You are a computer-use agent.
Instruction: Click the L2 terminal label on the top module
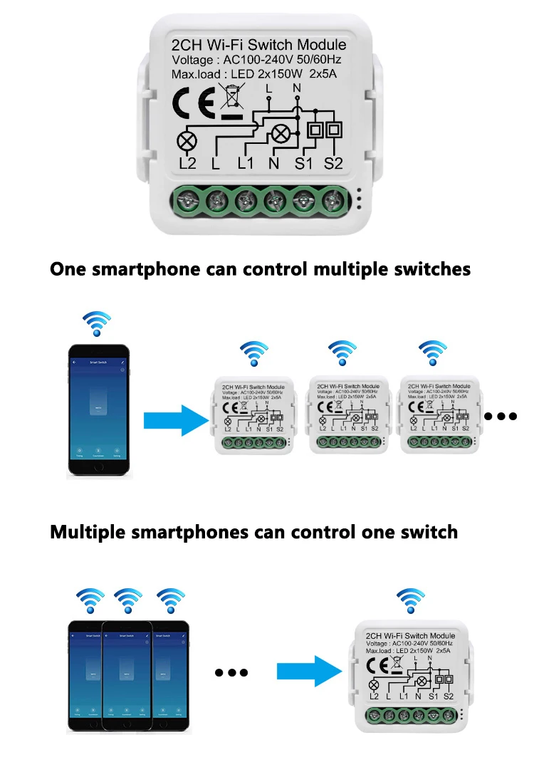(187, 164)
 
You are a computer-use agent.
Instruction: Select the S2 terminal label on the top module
(333, 164)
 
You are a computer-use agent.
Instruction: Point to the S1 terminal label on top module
(304, 164)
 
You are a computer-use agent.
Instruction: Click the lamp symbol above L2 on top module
(187, 141)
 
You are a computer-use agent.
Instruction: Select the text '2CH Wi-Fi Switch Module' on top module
(259, 44)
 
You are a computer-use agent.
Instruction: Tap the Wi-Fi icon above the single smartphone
(97, 323)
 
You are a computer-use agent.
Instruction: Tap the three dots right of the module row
(501, 416)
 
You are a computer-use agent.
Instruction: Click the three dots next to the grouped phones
(231, 672)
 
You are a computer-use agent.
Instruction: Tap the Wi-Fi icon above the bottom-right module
(409, 600)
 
